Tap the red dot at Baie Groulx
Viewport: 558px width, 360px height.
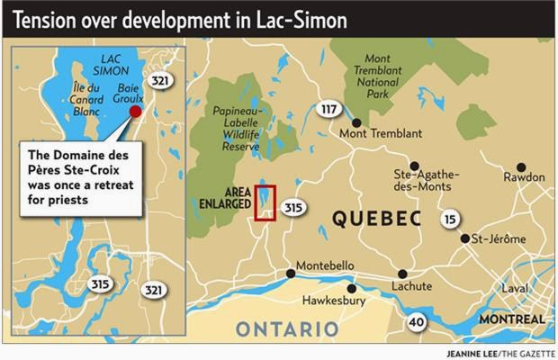pyautogui.click(x=136, y=112)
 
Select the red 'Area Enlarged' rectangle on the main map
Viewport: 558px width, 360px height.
pyautogui.click(x=265, y=202)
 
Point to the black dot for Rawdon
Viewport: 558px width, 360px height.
pyautogui.click(x=520, y=167)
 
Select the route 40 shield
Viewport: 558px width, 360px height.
pyautogui.click(x=417, y=321)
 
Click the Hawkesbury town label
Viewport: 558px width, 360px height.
pyautogui.click(x=334, y=301)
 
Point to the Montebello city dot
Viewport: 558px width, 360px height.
pyautogui.click(x=290, y=274)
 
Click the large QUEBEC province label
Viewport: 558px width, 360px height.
pyautogui.click(x=376, y=219)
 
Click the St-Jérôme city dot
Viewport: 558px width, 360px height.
pyautogui.click(x=464, y=239)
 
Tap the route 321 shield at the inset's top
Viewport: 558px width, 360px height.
pyautogui.click(x=160, y=80)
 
